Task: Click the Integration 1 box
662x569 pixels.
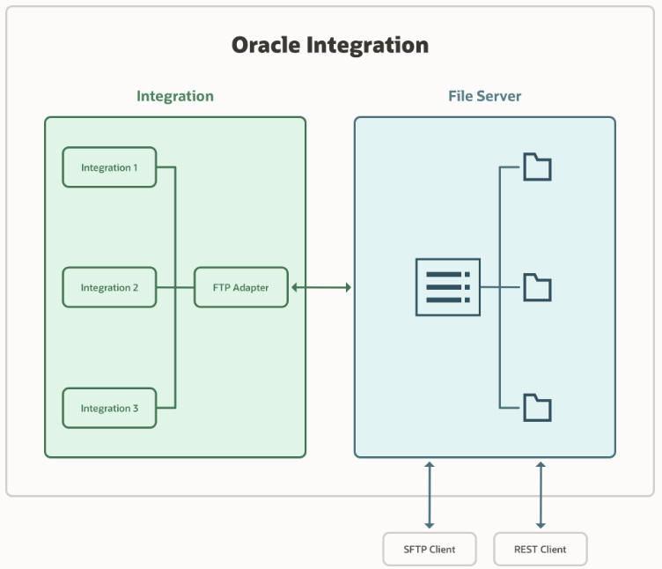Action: [109, 167]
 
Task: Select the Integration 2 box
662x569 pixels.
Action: [109, 287]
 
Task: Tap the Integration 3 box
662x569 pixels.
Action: [109, 408]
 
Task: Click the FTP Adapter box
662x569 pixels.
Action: [240, 287]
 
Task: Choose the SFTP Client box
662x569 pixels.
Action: [430, 549]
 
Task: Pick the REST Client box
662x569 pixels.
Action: [541, 549]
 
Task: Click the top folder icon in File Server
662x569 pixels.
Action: [537, 166]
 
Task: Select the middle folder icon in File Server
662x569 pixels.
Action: [537, 287]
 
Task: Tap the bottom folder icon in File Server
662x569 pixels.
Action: [537, 408]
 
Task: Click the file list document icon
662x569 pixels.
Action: [448, 287]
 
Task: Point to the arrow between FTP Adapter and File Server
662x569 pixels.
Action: [321, 287]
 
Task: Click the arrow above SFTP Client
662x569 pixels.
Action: [430, 495]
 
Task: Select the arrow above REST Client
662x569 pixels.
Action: [541, 495]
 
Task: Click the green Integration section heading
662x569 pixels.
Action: [174, 96]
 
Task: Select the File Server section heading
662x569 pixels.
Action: [484, 96]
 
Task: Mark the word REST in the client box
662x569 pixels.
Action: [526, 549]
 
